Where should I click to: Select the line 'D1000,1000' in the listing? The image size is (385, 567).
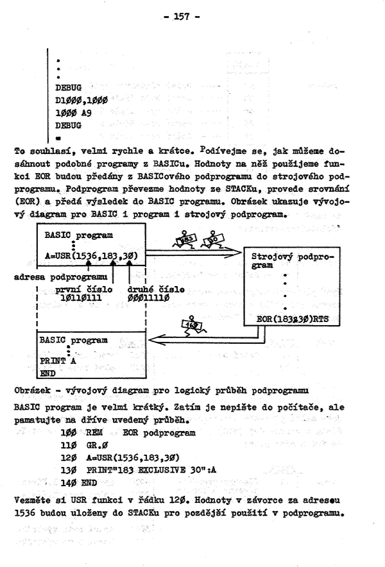pyautogui.click(x=81, y=100)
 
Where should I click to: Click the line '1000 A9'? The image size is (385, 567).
pyautogui.click(x=73, y=112)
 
